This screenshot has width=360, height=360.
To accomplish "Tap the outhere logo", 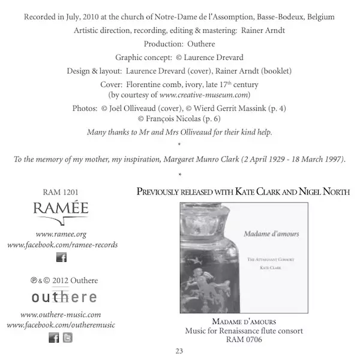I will click(61, 297).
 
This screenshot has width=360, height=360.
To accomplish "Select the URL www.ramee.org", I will click(61, 234).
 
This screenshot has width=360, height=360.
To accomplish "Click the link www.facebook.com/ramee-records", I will click(62, 245).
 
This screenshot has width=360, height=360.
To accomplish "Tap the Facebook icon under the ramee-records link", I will click(61, 257).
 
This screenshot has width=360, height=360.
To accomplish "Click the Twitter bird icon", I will click(68, 338).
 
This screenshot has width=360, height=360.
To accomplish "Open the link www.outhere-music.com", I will click(61, 314).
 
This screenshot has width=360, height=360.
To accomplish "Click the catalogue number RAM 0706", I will click(244, 339).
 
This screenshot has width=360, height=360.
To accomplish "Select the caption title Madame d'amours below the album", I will click(244, 321).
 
